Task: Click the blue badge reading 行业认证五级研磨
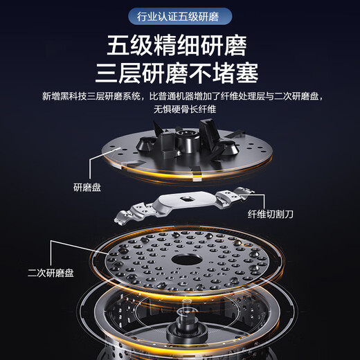(x=180, y=16)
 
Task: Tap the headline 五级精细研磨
(x=180, y=46)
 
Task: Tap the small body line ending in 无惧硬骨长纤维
(x=180, y=109)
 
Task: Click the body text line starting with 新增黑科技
(x=180, y=96)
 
